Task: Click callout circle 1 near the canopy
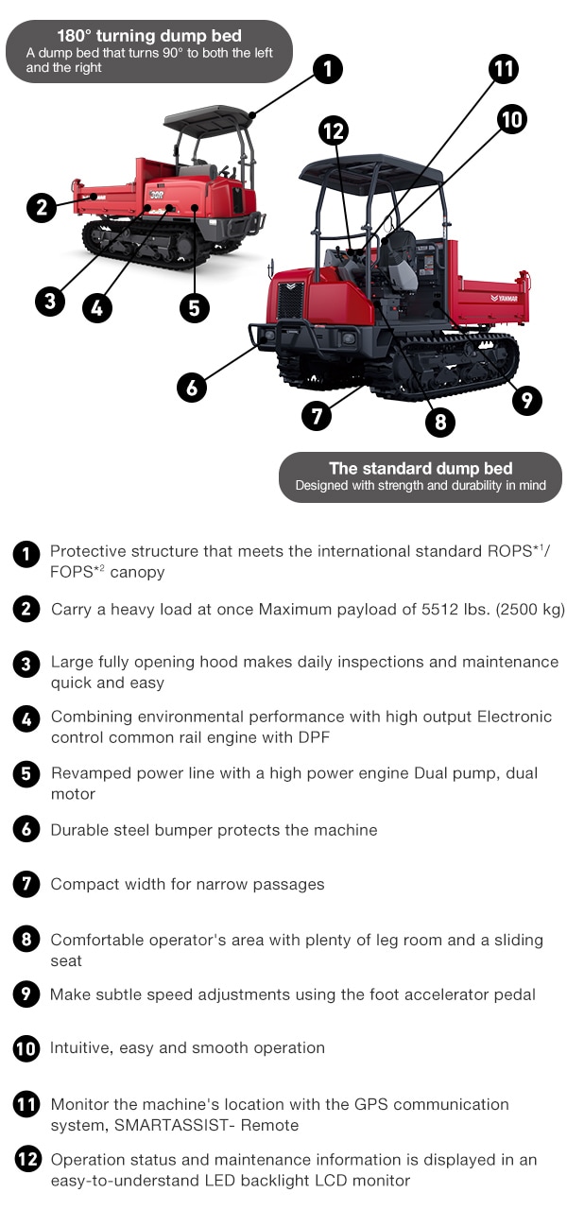pos(326,69)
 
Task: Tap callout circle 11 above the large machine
pos(504,69)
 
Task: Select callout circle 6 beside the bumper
pos(192,387)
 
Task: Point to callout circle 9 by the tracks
pos(526,400)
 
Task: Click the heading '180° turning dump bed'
pos(149,37)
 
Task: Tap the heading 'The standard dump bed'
pos(421,468)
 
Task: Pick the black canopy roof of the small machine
pos(207,119)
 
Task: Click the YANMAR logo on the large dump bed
pos(507,297)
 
